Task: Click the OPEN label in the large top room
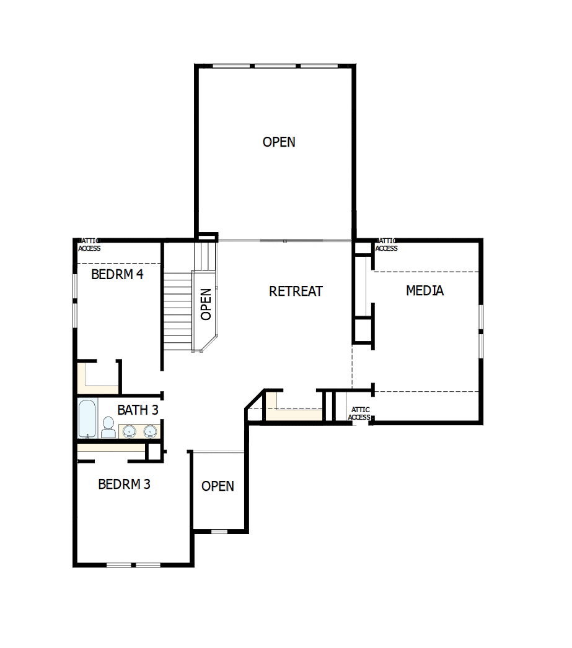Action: click(x=279, y=142)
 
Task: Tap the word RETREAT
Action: click(x=296, y=291)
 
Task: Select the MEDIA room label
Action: click(x=425, y=290)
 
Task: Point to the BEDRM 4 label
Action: click(x=117, y=274)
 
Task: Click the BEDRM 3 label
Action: click(x=124, y=484)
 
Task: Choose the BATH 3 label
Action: click(x=138, y=410)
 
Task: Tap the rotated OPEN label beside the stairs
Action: click(x=206, y=304)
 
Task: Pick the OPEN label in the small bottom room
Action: click(x=218, y=486)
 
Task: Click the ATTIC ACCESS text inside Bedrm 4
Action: click(x=89, y=245)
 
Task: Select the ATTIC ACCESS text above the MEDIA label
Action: click(x=387, y=245)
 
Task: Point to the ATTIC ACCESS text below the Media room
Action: click(x=359, y=413)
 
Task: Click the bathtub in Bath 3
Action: click(x=87, y=418)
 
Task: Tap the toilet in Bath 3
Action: click(x=108, y=427)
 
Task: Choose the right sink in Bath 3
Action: click(x=150, y=431)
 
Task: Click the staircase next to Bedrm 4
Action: click(x=178, y=309)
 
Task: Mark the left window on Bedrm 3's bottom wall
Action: click(x=118, y=565)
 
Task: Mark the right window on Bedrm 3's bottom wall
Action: click(x=149, y=565)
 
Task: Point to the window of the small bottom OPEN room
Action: click(x=219, y=532)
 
